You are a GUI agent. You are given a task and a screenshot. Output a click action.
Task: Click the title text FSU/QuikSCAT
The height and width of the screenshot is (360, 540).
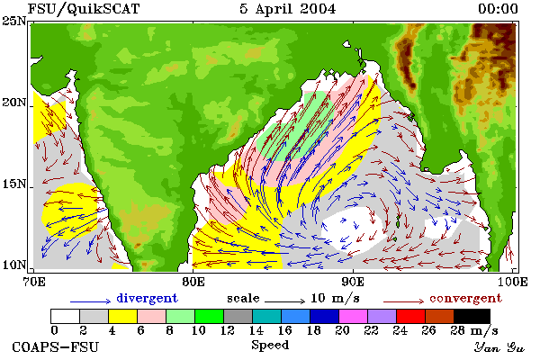84,9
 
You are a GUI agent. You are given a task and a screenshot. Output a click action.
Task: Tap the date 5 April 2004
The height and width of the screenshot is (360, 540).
288,9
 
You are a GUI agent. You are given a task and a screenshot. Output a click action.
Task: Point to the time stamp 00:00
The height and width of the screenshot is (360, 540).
498,9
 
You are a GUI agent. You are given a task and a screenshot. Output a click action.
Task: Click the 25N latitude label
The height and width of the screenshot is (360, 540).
13,21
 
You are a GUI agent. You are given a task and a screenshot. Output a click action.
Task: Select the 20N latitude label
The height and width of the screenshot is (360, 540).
13,103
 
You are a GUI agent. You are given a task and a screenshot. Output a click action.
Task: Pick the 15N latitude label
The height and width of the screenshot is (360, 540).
13,184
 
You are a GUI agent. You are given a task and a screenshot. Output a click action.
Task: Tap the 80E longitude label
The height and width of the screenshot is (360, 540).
193,282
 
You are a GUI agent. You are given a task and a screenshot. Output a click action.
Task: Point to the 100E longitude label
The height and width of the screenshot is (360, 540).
513,282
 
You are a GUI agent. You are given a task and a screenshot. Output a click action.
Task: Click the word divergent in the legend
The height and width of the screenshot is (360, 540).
147,298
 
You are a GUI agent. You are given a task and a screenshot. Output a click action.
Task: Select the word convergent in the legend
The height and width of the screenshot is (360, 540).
465,298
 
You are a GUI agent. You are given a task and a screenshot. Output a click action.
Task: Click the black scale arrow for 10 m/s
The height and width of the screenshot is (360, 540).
284,301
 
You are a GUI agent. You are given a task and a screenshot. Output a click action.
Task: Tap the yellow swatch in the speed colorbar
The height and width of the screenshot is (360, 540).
123,316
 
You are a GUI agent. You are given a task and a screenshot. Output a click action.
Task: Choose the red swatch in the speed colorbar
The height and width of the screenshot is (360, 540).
411,316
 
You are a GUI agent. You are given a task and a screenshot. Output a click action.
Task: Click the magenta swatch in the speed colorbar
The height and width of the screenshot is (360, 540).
354,316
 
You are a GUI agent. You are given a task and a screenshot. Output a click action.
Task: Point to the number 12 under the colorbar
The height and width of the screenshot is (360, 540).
228,330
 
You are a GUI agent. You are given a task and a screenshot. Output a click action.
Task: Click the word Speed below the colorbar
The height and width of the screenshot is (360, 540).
270,346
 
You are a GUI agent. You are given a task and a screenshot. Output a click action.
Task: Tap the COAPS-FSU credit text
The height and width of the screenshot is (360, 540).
56,346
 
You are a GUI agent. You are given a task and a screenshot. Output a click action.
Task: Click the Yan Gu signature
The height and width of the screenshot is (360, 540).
499,347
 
